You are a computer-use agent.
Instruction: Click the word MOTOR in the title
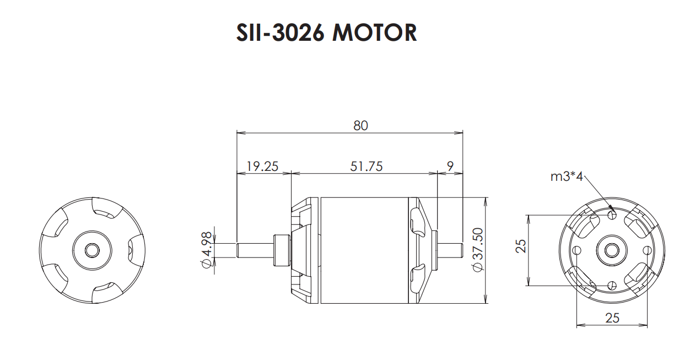click(375, 33)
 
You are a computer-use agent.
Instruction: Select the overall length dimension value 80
click(360, 125)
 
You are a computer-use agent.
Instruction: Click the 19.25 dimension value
click(263, 166)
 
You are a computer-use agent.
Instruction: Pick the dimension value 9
click(451, 166)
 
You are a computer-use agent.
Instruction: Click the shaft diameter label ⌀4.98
click(207, 250)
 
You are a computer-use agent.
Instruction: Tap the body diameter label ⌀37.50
click(477, 249)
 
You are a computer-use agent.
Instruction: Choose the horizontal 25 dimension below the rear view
click(612, 318)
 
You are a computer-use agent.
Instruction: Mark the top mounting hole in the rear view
click(612, 215)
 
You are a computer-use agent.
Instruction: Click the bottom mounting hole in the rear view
click(612, 285)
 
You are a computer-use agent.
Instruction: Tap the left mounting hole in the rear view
click(576, 250)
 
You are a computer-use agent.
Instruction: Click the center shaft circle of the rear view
click(612, 250)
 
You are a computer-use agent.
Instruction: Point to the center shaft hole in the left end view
click(92, 250)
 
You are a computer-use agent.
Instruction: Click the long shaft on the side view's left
click(254, 250)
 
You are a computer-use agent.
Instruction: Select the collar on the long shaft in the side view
click(281, 250)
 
